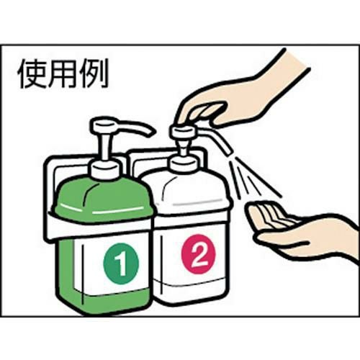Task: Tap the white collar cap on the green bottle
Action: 105,169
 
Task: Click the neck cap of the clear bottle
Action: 183,162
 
